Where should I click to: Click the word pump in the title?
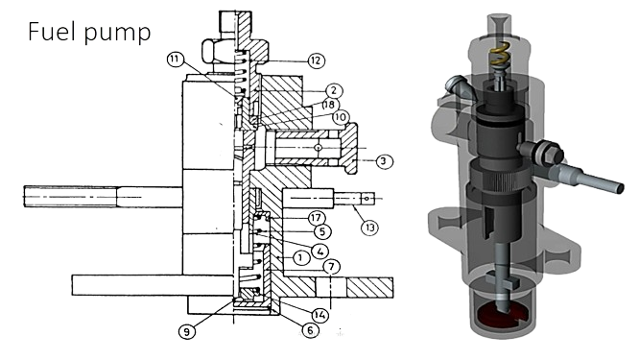(x=118, y=34)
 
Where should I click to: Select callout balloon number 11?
(x=175, y=60)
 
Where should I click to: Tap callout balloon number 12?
(x=316, y=60)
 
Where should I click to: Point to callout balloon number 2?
(x=333, y=90)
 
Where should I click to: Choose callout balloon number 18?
(x=329, y=105)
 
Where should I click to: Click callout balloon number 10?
(x=341, y=118)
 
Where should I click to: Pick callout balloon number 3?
(x=383, y=161)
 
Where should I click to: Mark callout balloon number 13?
(x=369, y=228)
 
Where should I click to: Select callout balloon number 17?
(x=316, y=218)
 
